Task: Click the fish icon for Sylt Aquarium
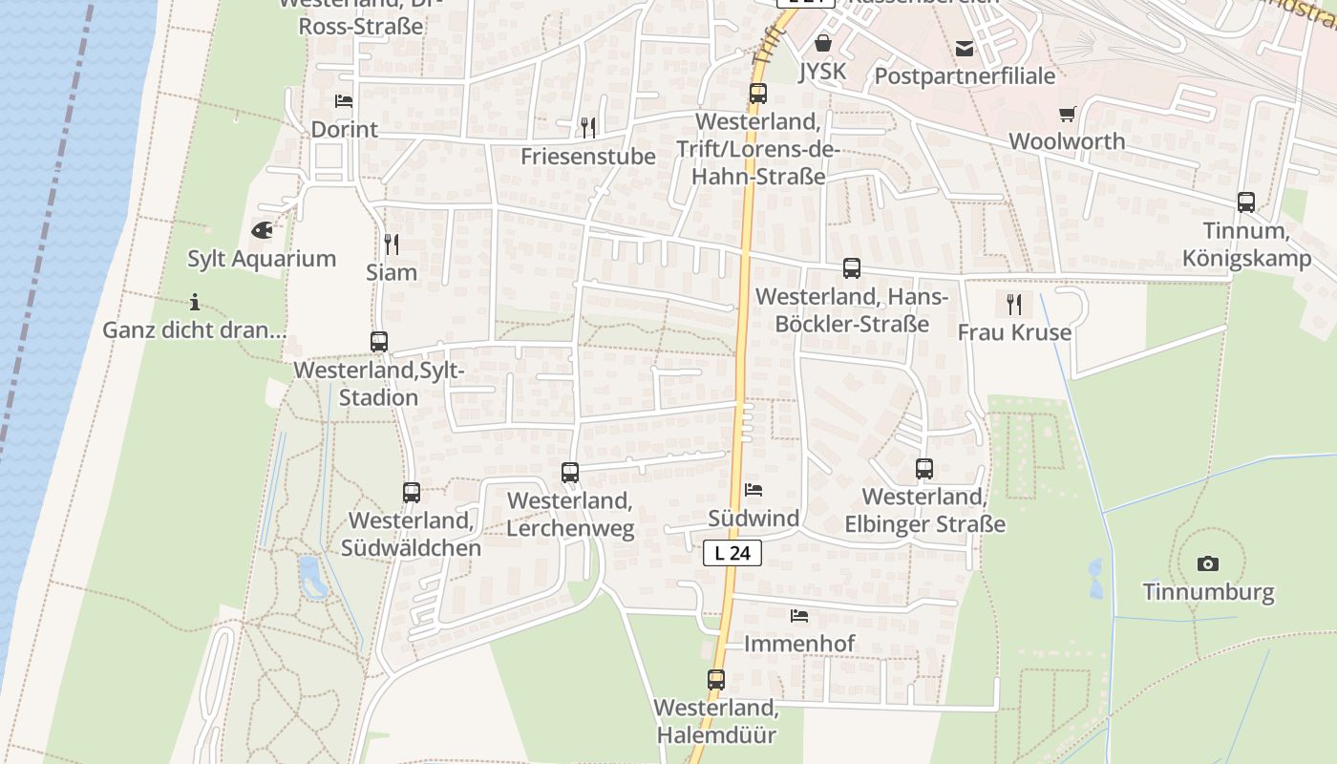(261, 229)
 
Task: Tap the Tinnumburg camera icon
(1207, 563)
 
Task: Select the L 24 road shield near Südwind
(732, 553)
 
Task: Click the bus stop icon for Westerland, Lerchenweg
(570, 472)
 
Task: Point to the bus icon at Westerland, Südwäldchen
(412, 493)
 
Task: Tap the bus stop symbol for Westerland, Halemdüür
(716, 680)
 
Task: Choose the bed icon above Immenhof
(799, 616)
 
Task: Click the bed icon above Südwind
(753, 490)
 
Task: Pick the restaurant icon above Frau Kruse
(1014, 305)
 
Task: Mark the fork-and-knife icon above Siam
(391, 244)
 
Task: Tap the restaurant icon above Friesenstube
(588, 127)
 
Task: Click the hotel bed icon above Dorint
(344, 101)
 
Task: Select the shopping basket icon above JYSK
(823, 43)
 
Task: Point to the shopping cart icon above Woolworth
(1067, 114)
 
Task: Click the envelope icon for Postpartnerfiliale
(965, 48)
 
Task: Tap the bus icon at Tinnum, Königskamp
(1246, 202)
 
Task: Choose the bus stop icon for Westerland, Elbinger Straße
(924, 469)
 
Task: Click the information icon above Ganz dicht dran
(195, 303)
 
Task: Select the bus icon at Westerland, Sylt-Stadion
(379, 342)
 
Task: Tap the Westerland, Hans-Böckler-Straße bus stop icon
(852, 268)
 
